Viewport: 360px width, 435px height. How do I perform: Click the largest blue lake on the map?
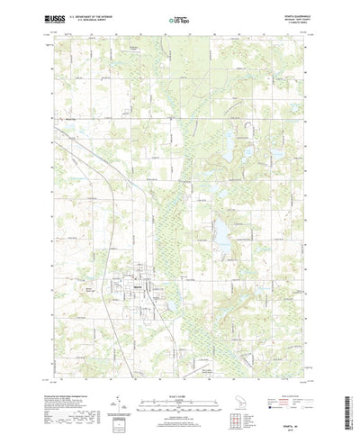219,233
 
